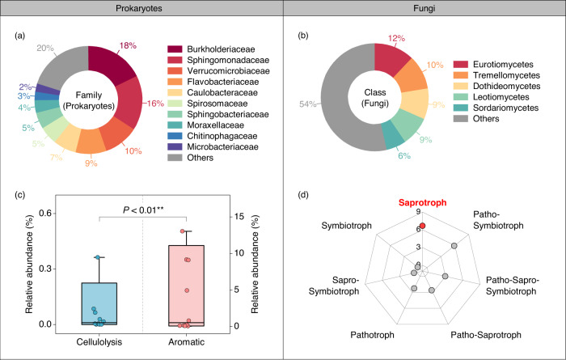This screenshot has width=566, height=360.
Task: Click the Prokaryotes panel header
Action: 141,9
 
